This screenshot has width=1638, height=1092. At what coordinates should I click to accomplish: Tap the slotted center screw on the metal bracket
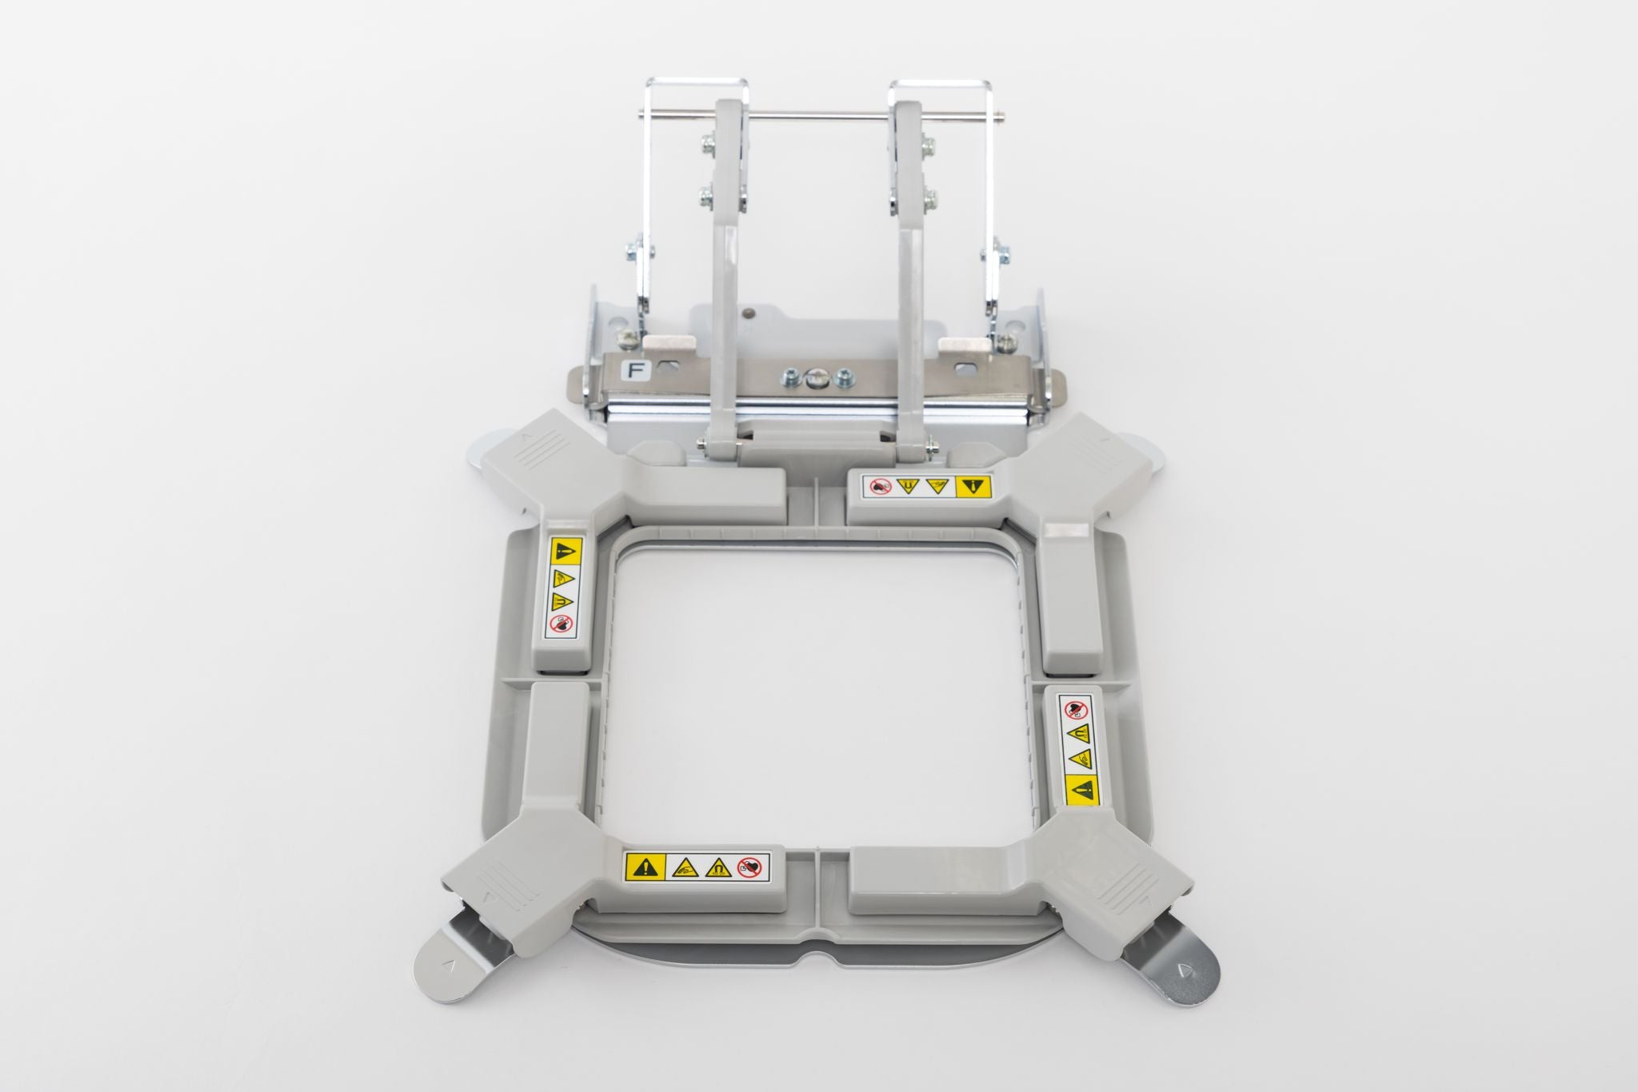click(816, 377)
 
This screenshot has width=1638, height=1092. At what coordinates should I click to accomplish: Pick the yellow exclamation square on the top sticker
click(974, 484)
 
